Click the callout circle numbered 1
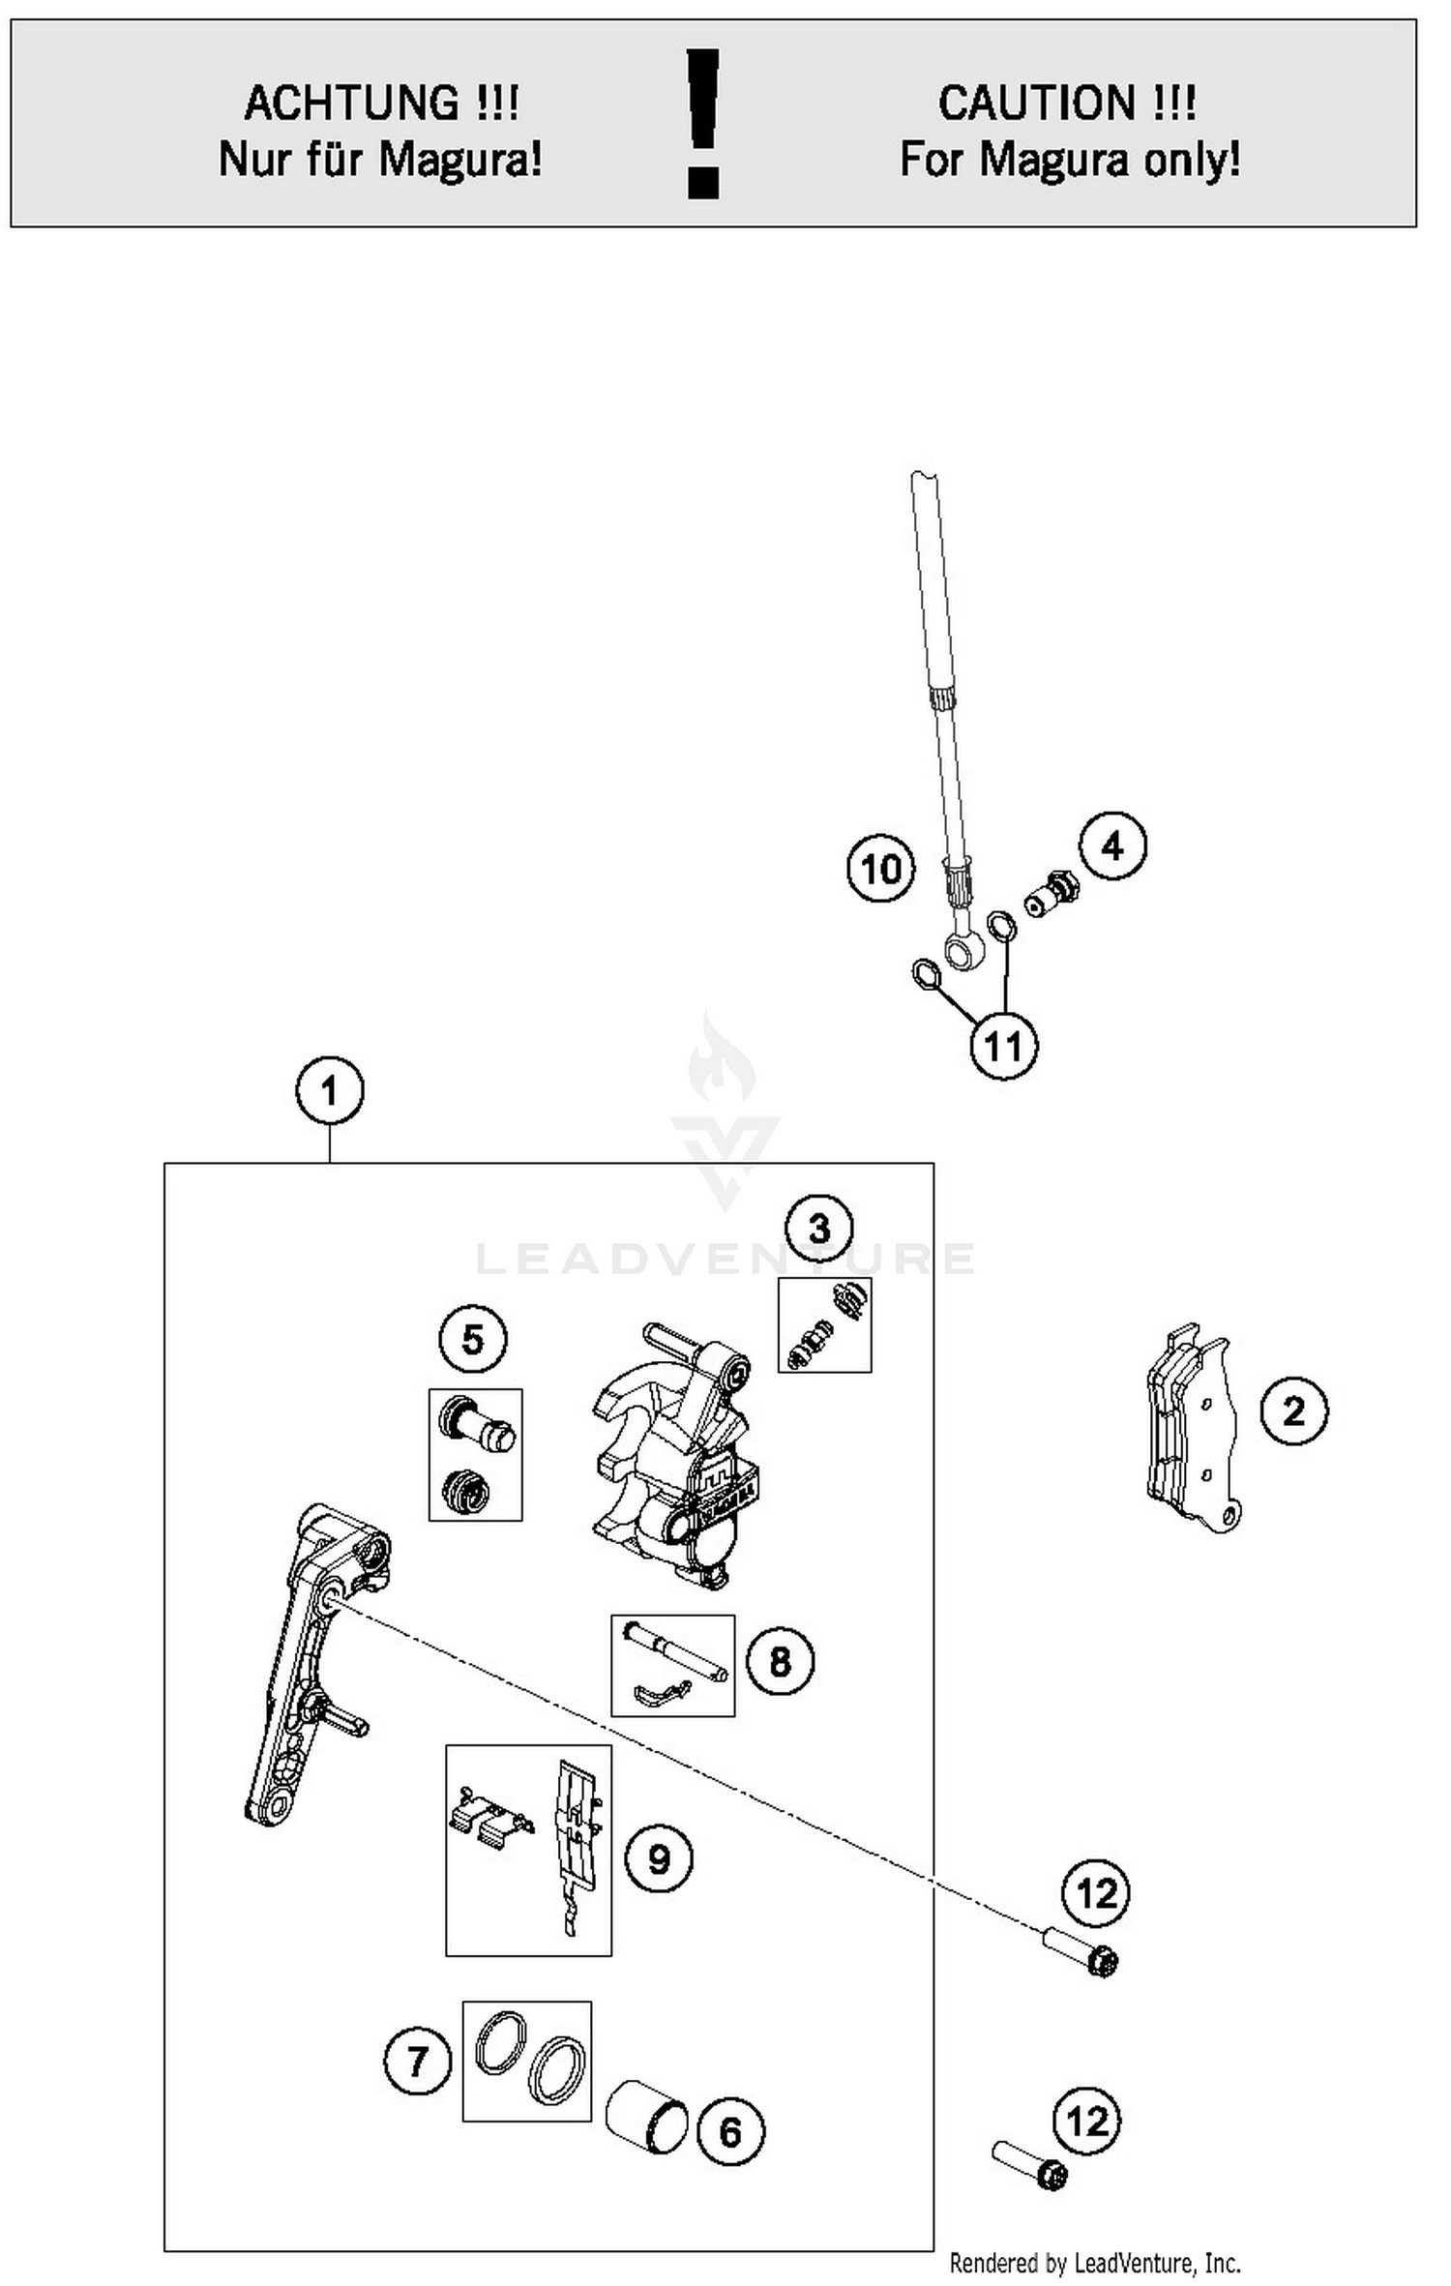(x=329, y=1090)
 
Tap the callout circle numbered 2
(x=1293, y=1411)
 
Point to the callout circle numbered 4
(x=1112, y=846)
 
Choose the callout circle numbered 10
(x=880, y=869)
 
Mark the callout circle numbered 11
(x=1003, y=1046)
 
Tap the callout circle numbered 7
(x=417, y=2061)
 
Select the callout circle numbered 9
(x=658, y=1858)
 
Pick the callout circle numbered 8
(x=780, y=1662)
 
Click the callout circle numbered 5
(x=472, y=1340)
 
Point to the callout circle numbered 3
(x=818, y=1229)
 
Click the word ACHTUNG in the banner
(x=352, y=103)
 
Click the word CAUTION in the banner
(x=1037, y=103)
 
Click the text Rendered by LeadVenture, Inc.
(x=1094, y=2263)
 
